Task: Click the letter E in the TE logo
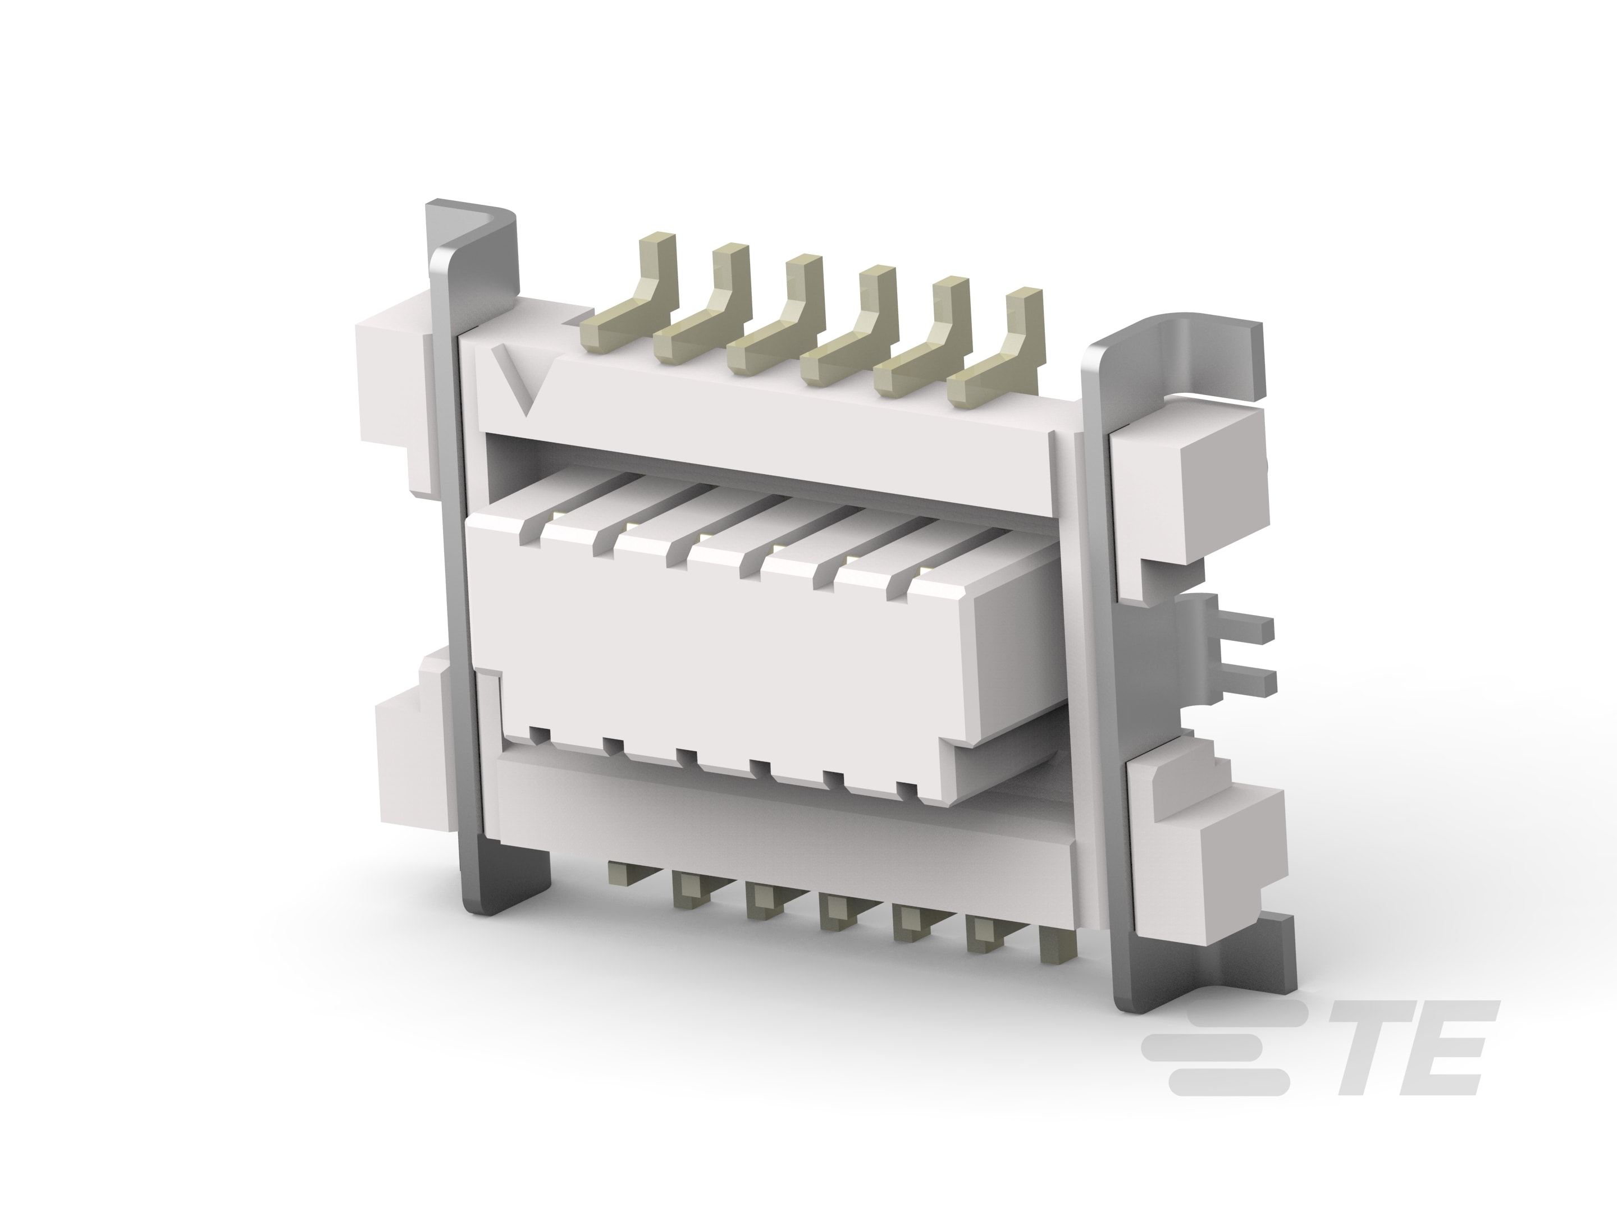(x=1450, y=1048)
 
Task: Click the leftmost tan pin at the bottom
(x=622, y=873)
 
